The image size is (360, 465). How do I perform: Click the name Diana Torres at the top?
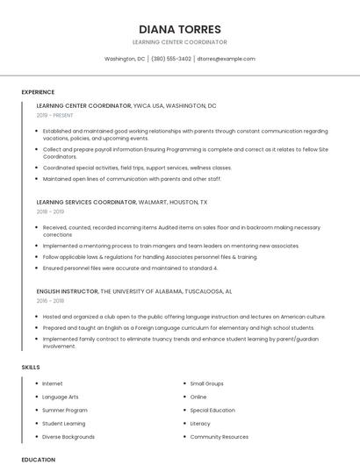tap(179, 28)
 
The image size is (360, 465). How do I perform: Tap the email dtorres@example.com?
tap(226, 59)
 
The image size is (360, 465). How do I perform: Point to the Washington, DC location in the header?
tap(125, 59)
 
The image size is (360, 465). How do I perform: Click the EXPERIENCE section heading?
tap(38, 92)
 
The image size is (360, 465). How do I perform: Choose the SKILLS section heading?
tap(31, 367)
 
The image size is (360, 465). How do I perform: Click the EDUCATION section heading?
tap(38, 459)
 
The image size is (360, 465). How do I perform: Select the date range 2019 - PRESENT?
tap(55, 115)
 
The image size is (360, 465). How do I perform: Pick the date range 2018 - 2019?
tap(50, 211)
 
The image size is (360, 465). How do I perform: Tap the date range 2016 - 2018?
tap(50, 300)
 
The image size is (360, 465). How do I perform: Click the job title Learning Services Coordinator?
tap(86, 202)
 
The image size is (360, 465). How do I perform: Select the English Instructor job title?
tap(67, 290)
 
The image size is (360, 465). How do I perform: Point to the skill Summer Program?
tap(65, 410)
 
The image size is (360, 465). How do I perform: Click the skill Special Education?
tap(212, 410)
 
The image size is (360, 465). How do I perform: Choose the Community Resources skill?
tap(219, 436)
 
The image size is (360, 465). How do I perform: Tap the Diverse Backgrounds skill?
tap(68, 436)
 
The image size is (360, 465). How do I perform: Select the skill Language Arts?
tap(61, 397)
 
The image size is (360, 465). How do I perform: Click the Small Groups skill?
tap(207, 383)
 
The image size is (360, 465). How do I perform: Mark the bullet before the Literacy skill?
tap(184, 423)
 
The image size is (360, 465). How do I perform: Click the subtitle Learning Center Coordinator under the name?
tap(179, 42)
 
